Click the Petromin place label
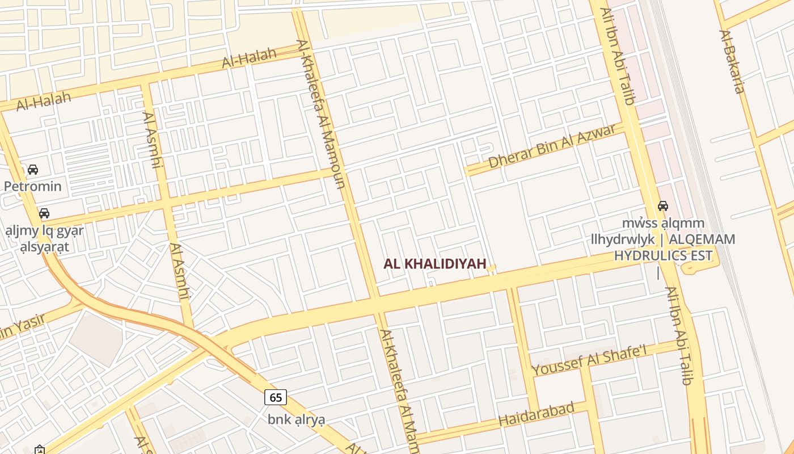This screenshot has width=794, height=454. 32,186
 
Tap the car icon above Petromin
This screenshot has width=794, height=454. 33,170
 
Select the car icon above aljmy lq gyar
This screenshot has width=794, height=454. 44,213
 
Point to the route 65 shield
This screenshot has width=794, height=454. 276,397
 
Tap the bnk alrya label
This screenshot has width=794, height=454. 297,420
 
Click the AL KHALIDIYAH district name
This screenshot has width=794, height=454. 435,264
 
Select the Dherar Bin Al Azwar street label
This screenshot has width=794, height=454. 552,146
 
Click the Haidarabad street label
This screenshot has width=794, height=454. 537,414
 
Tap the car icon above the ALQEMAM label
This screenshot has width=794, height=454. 662,206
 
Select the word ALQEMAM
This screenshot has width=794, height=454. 701,239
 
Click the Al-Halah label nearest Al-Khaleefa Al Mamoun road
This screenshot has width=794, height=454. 249,57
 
